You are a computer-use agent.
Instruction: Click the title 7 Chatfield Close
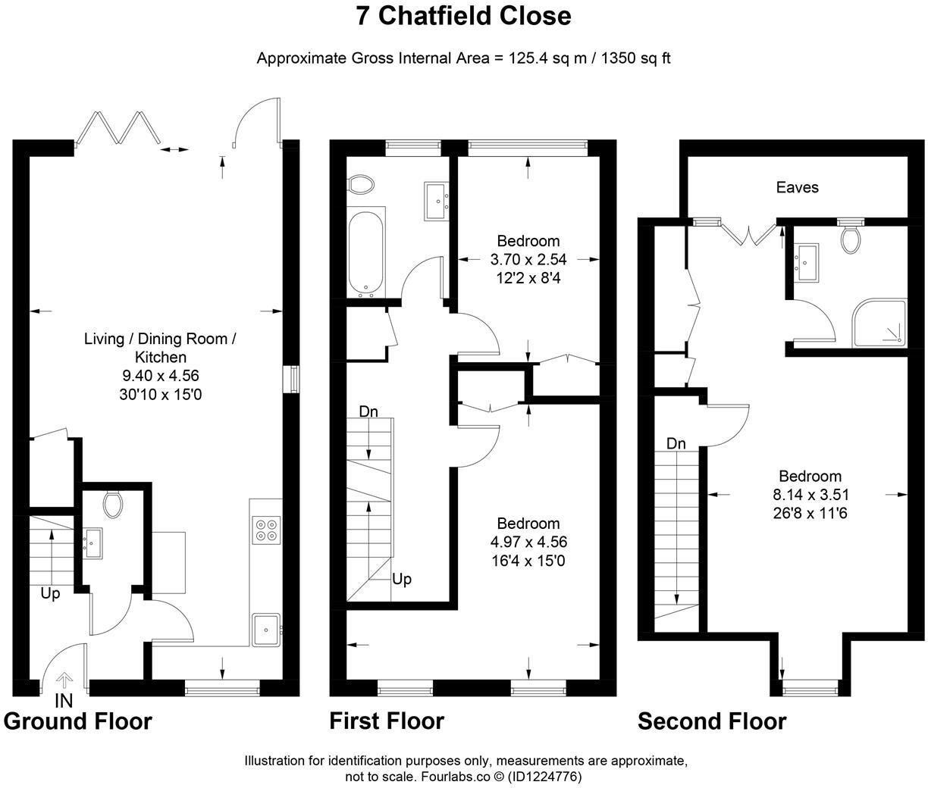(x=463, y=16)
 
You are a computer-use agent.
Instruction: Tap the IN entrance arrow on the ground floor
(x=64, y=680)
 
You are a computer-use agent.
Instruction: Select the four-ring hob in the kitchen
(x=266, y=529)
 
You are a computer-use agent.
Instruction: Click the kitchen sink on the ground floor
(x=266, y=629)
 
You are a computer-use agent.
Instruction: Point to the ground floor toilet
(x=113, y=504)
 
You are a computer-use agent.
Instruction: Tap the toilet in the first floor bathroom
(x=361, y=184)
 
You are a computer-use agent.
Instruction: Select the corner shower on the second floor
(x=879, y=324)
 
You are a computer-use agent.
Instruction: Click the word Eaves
(x=797, y=187)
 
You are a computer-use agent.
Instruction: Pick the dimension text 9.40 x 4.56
(x=160, y=375)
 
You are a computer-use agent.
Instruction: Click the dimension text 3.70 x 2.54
(x=528, y=260)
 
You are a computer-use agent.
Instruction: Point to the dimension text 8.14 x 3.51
(x=810, y=495)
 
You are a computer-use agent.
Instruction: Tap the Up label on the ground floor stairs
(x=50, y=593)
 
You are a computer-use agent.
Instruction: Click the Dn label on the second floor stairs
(x=676, y=443)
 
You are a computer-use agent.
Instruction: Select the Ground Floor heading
(x=78, y=721)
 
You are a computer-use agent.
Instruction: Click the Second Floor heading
(x=711, y=721)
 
